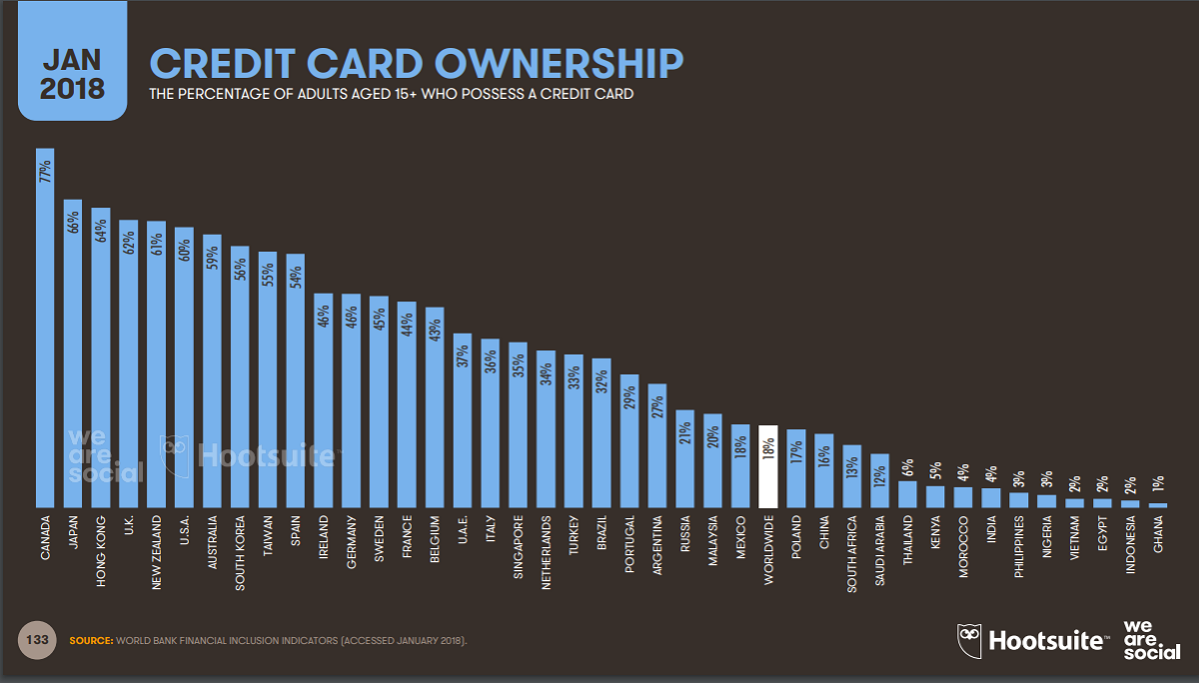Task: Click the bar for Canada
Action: [45, 330]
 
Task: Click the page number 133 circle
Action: [37, 639]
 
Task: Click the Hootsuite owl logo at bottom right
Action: [969, 638]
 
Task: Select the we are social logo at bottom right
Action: [1151, 638]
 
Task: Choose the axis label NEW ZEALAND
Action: [157, 556]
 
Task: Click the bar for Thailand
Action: [907, 495]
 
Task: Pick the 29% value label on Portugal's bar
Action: [628, 396]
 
